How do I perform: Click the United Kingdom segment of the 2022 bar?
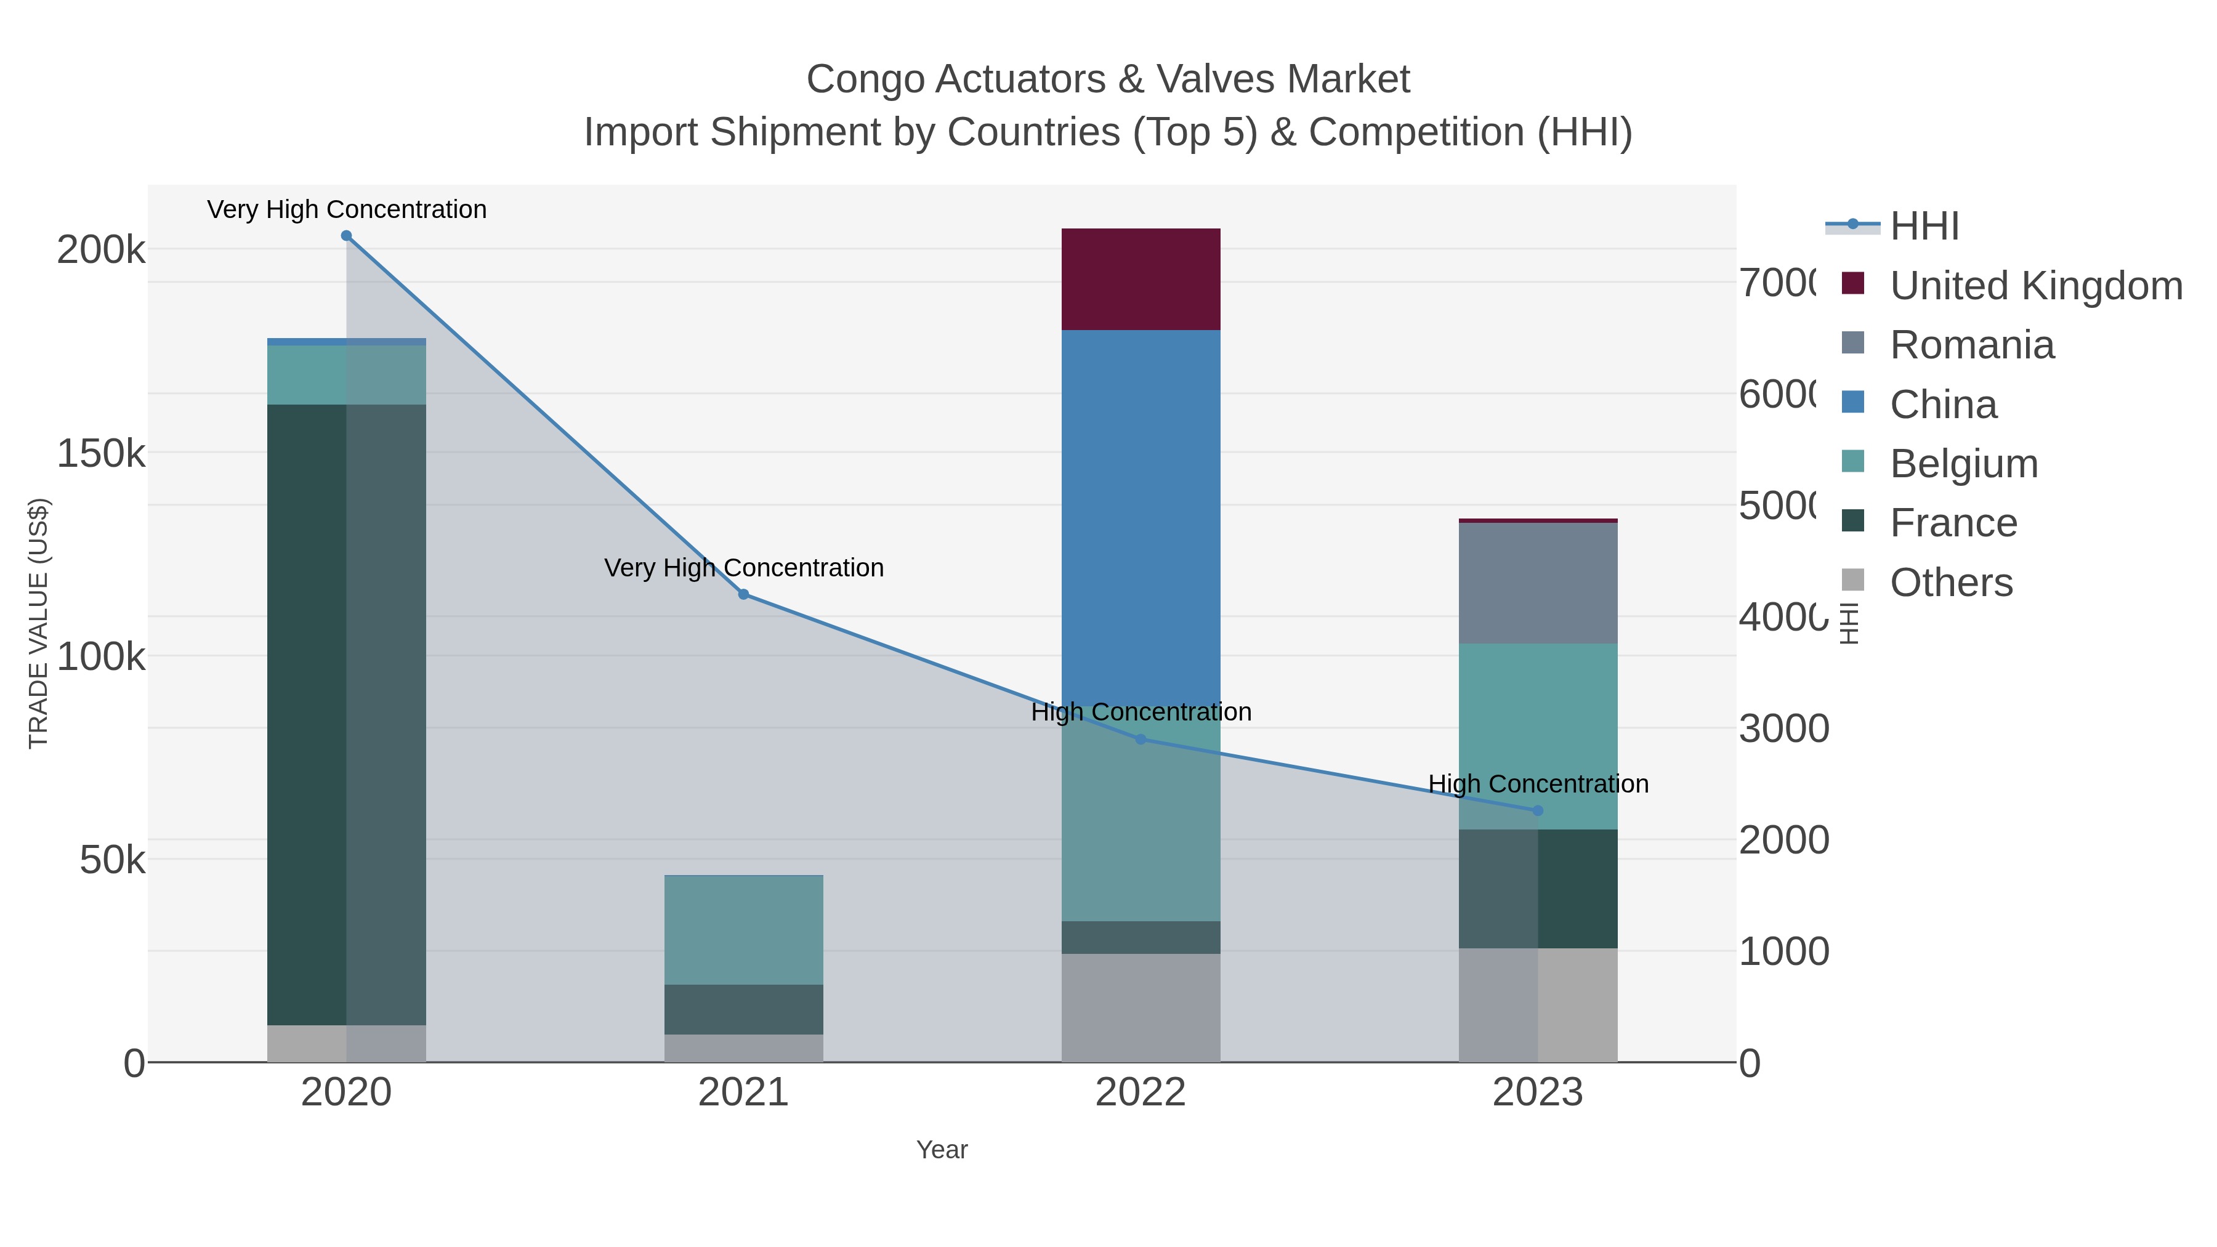click(x=1141, y=279)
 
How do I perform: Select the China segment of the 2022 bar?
click(x=1141, y=517)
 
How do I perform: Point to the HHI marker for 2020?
click(x=346, y=236)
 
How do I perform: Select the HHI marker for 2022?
click(x=1141, y=739)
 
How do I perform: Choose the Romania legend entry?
click(x=1971, y=345)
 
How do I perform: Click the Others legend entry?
click(x=1950, y=583)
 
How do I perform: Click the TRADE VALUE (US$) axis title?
click(x=39, y=623)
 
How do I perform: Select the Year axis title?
click(x=942, y=1150)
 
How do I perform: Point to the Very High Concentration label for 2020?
click(x=347, y=209)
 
